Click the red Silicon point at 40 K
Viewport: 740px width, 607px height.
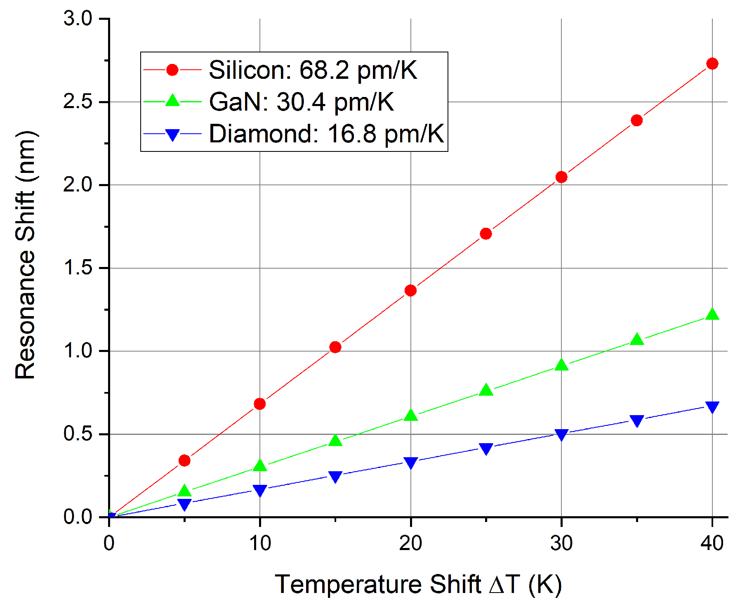click(712, 64)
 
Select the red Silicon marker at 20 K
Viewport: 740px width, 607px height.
click(410, 291)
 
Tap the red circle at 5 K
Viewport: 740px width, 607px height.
click(184, 461)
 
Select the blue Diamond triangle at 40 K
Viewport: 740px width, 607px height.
click(712, 406)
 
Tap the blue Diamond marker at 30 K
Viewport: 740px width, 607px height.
click(561, 434)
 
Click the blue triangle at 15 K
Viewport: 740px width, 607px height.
click(335, 476)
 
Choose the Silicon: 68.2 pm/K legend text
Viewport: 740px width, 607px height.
click(313, 70)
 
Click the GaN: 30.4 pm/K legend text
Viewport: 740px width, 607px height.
click(301, 102)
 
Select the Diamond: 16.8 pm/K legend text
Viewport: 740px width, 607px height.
click(326, 134)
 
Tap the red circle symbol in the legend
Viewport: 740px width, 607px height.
click(172, 70)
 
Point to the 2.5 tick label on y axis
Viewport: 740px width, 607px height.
click(78, 102)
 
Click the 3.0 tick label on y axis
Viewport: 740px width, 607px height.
click(78, 19)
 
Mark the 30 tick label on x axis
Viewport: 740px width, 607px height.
click(561, 543)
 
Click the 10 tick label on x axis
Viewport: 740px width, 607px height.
click(260, 543)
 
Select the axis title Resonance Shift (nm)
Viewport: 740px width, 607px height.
click(26, 255)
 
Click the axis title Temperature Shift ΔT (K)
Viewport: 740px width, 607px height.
click(418, 584)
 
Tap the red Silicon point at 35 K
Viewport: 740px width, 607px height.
click(636, 120)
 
